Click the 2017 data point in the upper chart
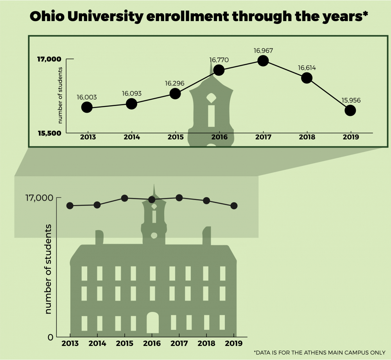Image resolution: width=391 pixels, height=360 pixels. coord(263,61)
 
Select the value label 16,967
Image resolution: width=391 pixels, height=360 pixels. coord(263,50)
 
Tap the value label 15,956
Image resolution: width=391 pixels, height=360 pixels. coord(351,100)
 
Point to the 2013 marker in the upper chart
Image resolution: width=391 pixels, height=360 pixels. coord(87,107)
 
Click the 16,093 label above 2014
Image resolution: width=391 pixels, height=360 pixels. coord(132,94)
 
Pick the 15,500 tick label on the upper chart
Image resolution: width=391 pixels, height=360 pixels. coord(49,133)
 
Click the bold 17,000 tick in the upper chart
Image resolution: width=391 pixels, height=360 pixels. coord(49,59)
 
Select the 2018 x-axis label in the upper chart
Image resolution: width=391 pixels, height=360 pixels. coord(307,137)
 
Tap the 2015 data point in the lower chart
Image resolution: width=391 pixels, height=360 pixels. coord(124,198)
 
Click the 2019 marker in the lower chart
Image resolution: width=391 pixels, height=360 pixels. coord(234,206)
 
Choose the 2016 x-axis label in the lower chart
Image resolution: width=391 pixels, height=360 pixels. coord(152,344)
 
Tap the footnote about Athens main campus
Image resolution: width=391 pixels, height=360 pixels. coord(319,352)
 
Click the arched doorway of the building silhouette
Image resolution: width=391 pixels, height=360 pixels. coord(152,323)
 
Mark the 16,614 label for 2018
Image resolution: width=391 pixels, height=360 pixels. coord(307,68)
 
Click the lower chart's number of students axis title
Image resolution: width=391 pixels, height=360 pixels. coord(48,269)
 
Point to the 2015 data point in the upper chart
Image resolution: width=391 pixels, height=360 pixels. coord(175,94)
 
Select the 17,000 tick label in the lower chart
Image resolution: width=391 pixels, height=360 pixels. coord(39,198)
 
